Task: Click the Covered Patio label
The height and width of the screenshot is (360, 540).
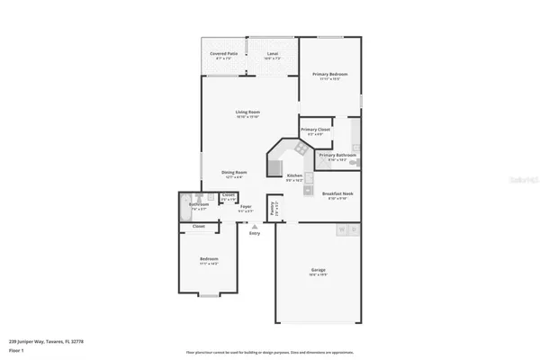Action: pos(224,53)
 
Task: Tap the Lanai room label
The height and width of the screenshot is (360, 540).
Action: pos(273,53)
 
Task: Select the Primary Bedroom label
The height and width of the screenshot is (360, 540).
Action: pos(329,74)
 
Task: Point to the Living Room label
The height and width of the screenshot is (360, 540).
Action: pos(247,112)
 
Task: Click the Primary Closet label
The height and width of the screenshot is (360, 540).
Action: pos(315,130)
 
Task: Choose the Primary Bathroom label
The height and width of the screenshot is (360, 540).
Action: pos(337,155)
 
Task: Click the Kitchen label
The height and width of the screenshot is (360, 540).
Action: pos(294,175)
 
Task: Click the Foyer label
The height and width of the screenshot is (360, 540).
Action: pos(246,206)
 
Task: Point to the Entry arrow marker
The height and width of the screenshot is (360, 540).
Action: pos(255,226)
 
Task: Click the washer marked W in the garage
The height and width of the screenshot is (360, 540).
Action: pos(341,230)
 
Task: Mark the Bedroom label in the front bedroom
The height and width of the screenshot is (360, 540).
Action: pos(209,259)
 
